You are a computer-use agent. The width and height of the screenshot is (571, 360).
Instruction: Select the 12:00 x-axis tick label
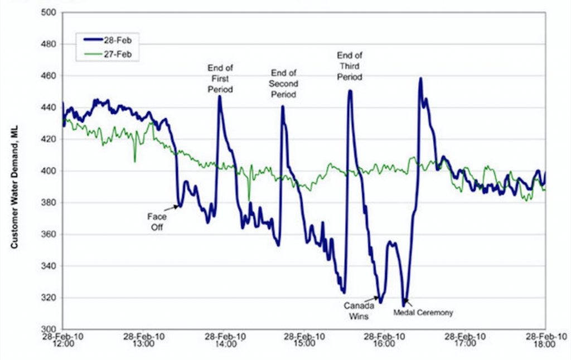pyautogui.click(x=63, y=340)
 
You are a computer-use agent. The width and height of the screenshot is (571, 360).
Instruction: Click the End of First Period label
pyautogui.click(x=220, y=78)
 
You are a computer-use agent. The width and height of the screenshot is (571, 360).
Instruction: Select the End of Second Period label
pyautogui.click(x=283, y=84)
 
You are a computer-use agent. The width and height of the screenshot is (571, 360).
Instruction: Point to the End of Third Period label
pyautogui.click(x=350, y=66)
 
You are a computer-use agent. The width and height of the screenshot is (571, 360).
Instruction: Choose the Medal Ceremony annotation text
pyautogui.click(x=423, y=313)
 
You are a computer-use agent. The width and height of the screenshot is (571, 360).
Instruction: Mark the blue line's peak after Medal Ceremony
pyautogui.click(x=420, y=79)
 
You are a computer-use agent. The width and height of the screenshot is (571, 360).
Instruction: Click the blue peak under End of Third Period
pyautogui.click(x=350, y=91)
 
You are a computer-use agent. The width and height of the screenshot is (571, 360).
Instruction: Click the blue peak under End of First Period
pyautogui.click(x=220, y=96)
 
